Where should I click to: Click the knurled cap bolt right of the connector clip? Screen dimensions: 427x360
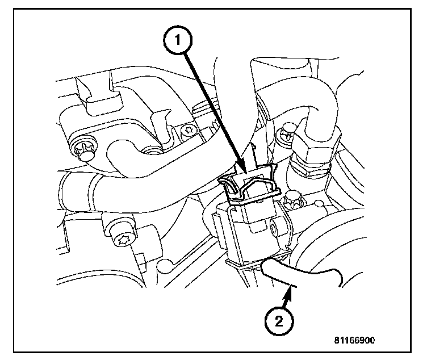tap(294, 200)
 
